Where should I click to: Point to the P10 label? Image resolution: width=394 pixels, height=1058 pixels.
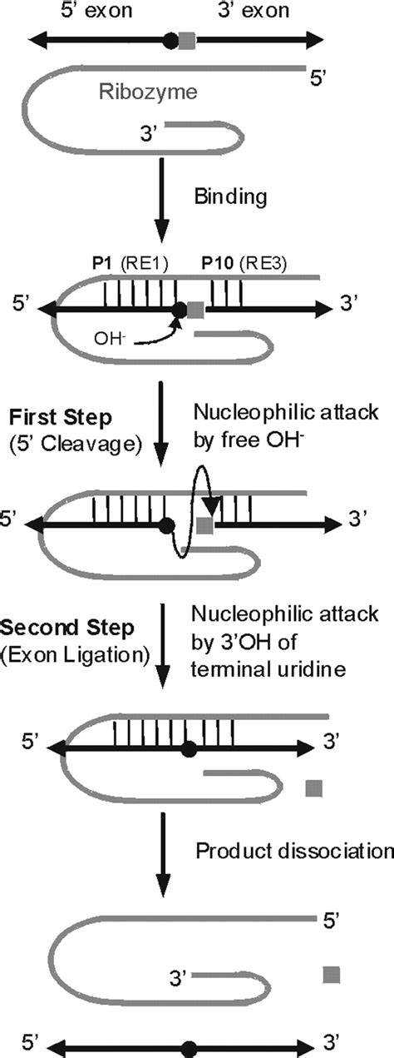(217, 265)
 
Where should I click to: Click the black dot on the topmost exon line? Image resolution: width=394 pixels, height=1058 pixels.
(170, 39)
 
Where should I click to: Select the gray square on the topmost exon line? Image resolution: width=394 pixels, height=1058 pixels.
(189, 39)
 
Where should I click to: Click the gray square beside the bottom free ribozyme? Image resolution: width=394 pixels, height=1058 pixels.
(332, 974)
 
